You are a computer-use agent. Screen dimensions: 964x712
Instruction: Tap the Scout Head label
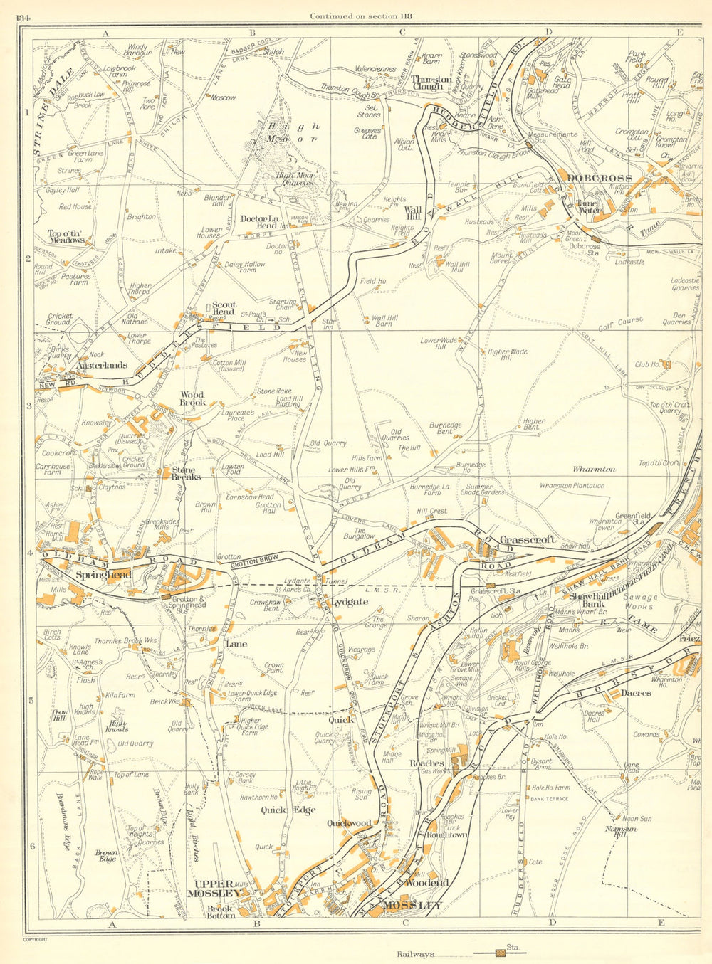tap(223, 308)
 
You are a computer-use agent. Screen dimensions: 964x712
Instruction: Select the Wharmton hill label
tap(594, 470)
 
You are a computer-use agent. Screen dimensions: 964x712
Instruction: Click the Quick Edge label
tap(283, 810)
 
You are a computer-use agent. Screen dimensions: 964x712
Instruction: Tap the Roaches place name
tap(426, 763)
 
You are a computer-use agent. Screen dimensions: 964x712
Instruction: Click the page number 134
tap(31, 17)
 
